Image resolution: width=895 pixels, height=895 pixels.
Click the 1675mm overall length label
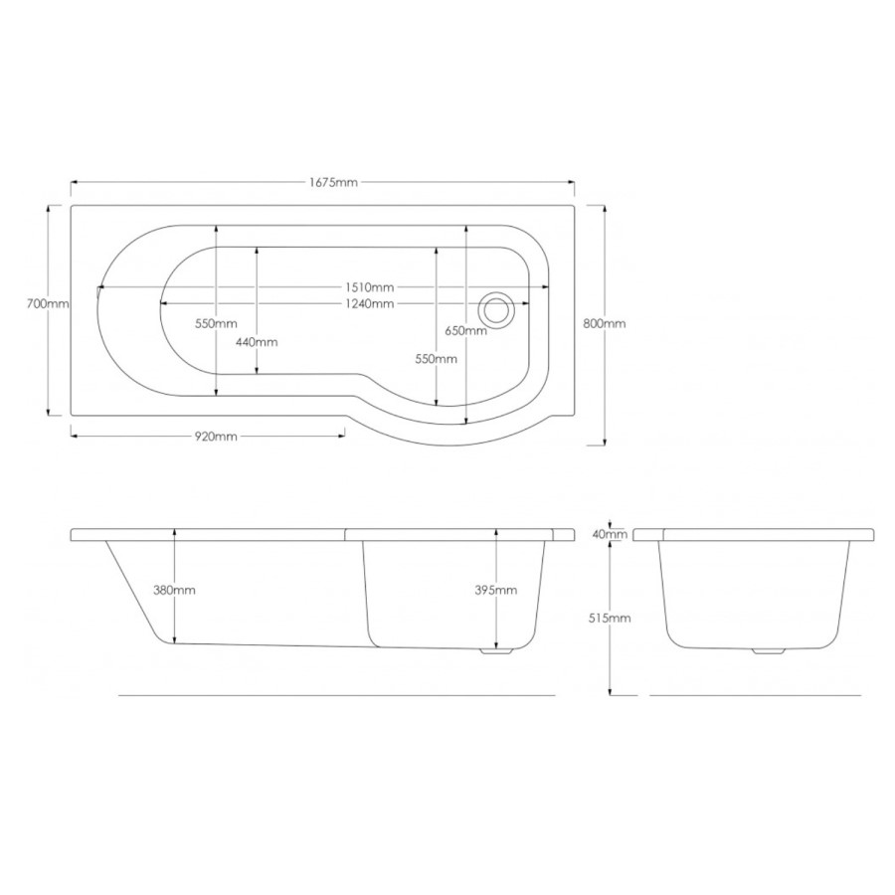point(333,182)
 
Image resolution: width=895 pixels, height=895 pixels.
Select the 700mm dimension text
point(48,304)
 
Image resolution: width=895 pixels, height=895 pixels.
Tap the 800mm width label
point(607,324)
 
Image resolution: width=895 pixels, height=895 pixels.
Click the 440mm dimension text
point(258,341)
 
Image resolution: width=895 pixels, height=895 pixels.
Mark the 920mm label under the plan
point(216,436)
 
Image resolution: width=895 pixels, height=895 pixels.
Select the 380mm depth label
point(175,590)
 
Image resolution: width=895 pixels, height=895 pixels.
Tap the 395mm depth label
point(497,590)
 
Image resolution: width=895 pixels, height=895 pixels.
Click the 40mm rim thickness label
point(610,534)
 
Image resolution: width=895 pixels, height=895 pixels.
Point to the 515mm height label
point(610,618)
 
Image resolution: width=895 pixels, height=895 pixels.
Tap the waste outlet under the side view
point(494,652)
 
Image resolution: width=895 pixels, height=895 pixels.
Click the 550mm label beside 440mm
point(217,324)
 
